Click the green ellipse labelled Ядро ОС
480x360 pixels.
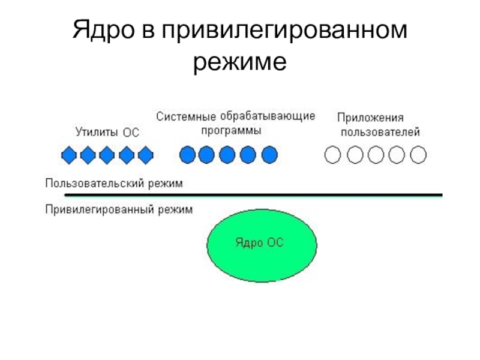click(262, 243)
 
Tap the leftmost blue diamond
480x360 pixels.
click(69, 155)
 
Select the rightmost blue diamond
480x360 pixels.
click(145, 155)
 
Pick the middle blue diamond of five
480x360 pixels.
click(107, 155)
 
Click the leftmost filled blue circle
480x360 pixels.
click(188, 155)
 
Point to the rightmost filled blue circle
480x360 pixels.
click(269, 155)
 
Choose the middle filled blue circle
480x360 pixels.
click(229, 155)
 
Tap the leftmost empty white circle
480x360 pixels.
click(332, 155)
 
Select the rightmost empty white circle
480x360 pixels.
click(418, 155)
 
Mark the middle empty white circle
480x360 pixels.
click(375, 155)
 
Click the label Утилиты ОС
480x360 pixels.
click(107, 133)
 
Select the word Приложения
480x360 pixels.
click(370, 118)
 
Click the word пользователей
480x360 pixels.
click(380, 132)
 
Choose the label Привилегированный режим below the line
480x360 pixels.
click(119, 210)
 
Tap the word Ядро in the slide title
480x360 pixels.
click(106, 30)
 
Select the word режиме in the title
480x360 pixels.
click(240, 60)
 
